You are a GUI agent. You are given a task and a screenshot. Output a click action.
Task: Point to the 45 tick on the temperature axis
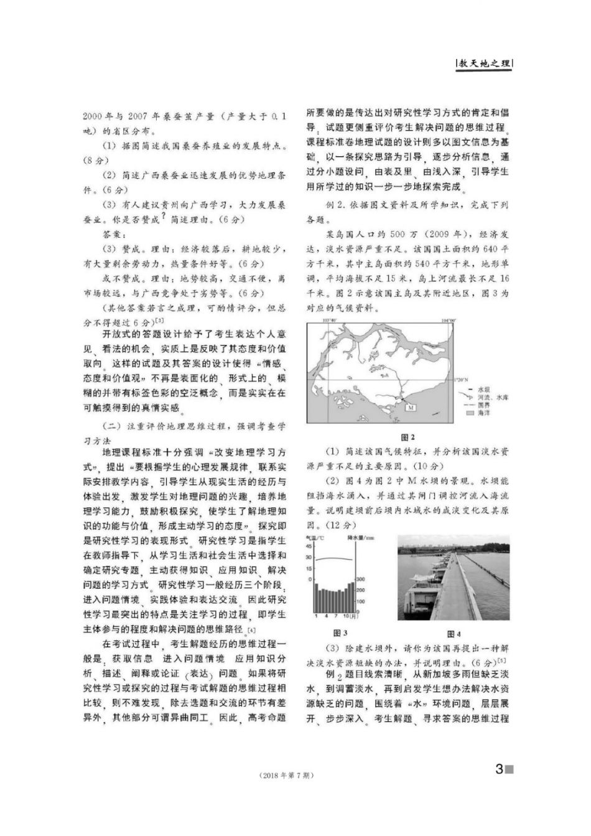coord(309,546)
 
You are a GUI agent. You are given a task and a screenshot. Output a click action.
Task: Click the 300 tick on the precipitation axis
coord(360,579)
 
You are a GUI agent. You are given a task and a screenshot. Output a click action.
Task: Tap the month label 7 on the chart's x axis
coord(336,616)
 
